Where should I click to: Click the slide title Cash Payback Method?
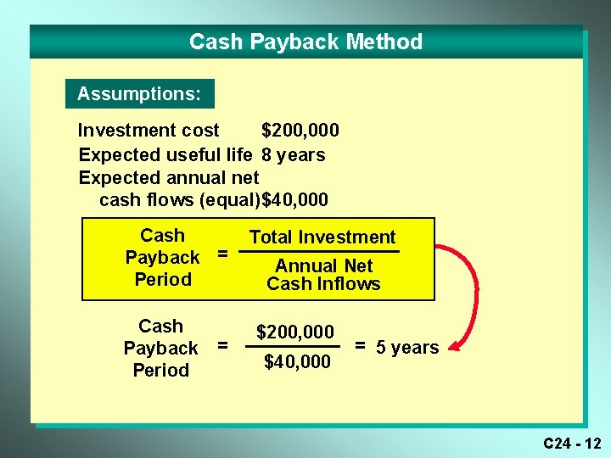coord(305,42)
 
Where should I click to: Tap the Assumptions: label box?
coord(139,93)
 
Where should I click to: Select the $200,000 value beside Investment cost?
coord(300,130)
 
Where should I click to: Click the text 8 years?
coord(294,154)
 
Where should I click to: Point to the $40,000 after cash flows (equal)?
coord(296,200)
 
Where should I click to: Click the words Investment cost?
coord(149,130)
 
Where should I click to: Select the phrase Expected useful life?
coord(165,154)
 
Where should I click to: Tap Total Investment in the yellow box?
coord(322,237)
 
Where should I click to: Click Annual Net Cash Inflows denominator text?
coord(323,275)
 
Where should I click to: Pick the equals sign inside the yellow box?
coord(222,253)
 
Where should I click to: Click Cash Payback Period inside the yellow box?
coord(162,257)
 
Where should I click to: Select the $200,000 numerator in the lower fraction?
coord(295,332)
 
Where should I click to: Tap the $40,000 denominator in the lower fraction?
coord(297,362)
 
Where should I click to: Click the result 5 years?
coord(397,347)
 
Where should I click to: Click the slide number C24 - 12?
coord(572,443)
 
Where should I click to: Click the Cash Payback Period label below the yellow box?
coord(160,348)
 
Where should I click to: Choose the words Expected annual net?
coord(169,177)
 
